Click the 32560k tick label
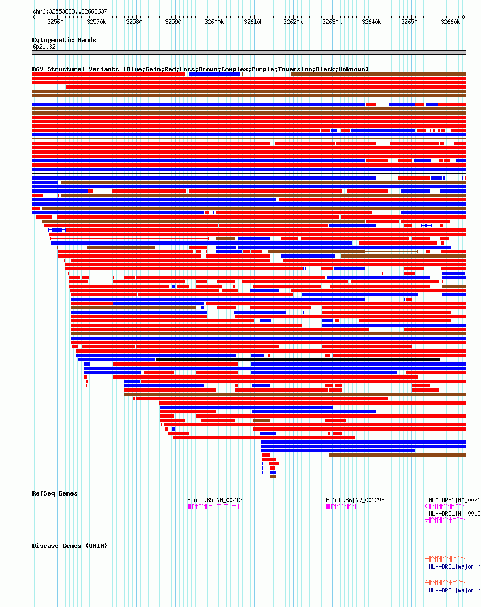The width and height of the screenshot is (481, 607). click(57, 22)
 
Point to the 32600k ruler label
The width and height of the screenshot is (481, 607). click(214, 22)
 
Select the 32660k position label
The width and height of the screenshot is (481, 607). click(450, 22)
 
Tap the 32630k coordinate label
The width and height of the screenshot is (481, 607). click(332, 22)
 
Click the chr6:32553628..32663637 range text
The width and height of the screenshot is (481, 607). click(70, 11)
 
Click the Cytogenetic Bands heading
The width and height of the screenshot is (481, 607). click(64, 40)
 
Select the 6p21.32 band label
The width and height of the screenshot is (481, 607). click(44, 47)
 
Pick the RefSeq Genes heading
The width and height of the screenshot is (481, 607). click(55, 493)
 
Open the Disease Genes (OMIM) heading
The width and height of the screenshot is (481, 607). click(70, 546)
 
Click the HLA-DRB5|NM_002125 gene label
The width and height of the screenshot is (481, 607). click(216, 500)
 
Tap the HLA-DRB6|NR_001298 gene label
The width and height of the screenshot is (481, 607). click(355, 500)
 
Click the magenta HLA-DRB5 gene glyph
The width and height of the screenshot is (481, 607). click(211, 506)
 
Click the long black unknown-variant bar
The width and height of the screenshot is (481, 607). click(297, 360)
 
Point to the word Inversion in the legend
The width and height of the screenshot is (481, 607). click(295, 69)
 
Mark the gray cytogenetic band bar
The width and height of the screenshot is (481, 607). click(249, 52)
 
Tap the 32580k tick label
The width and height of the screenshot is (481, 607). click(136, 22)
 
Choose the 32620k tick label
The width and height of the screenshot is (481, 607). click(293, 22)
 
